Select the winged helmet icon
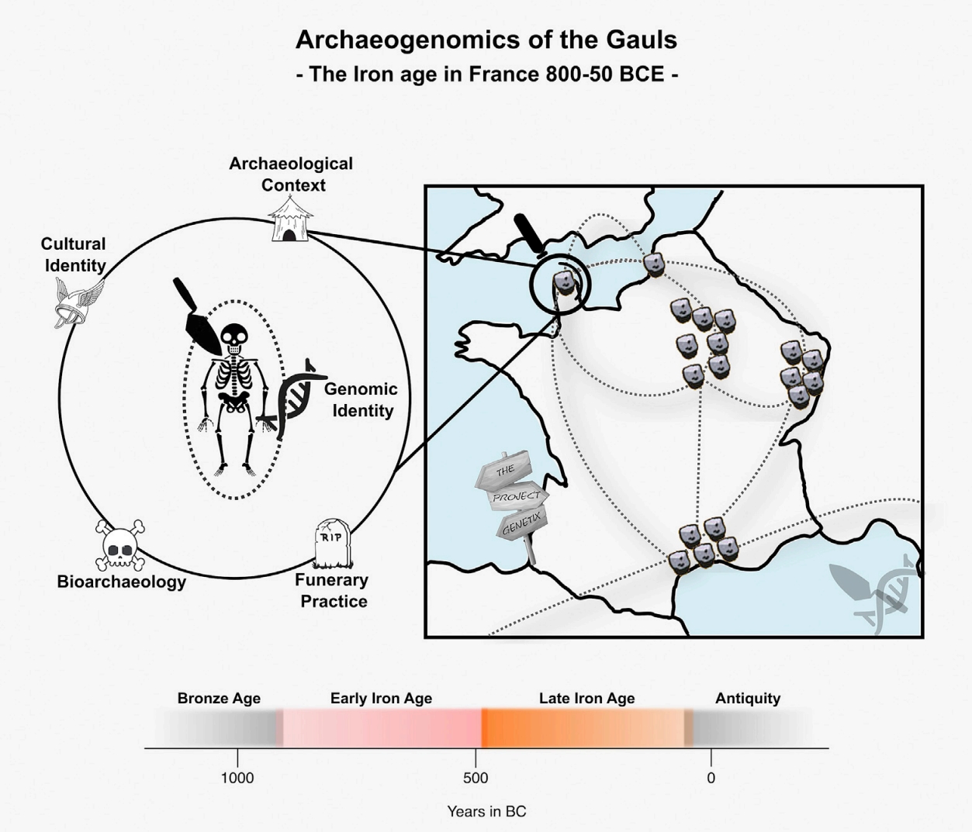click(78, 302)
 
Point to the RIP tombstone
click(332, 543)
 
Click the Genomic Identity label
click(361, 400)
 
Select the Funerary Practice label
click(332, 591)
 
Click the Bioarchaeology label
click(122, 582)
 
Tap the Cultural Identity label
click(74, 254)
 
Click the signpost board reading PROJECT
click(518, 496)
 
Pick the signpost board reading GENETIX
click(521, 525)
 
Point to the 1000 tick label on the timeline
click(237, 778)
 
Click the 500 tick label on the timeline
click(476, 778)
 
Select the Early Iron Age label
click(381, 699)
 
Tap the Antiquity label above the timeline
click(748, 699)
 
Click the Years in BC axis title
click(486, 812)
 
